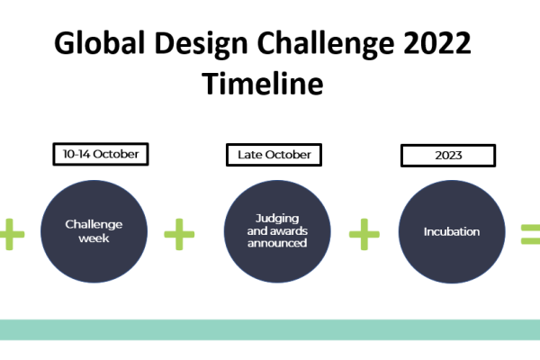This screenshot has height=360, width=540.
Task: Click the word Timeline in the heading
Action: [x=263, y=84]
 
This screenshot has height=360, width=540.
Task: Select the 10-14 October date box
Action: [x=100, y=155]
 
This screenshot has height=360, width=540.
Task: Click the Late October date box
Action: [x=274, y=155]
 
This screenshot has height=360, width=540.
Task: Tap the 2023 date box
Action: [x=448, y=155]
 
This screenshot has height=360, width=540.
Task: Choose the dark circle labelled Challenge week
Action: [x=94, y=231]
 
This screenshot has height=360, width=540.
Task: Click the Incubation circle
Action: [x=451, y=231]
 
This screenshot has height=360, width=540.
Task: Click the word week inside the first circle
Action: [x=94, y=238]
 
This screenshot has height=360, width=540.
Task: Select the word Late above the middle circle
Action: [x=249, y=155]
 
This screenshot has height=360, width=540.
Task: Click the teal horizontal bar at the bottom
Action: [x=270, y=329]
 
